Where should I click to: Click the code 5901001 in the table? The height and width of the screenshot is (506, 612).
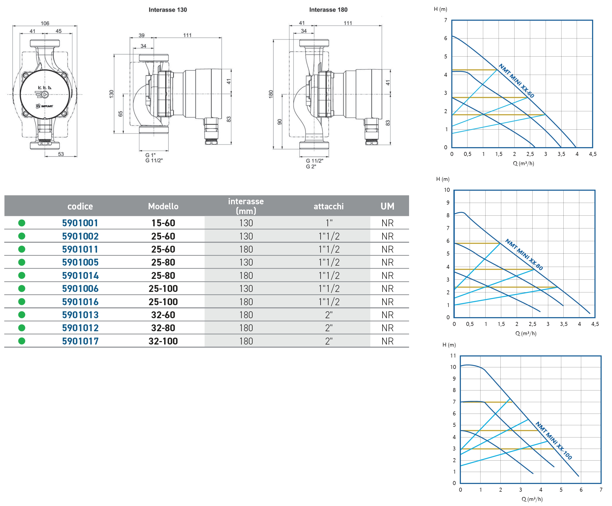(x=80, y=223)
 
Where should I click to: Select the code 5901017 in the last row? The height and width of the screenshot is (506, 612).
(x=80, y=341)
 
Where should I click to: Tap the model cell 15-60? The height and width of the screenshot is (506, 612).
(x=163, y=223)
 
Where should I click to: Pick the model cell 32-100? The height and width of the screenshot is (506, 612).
(x=163, y=341)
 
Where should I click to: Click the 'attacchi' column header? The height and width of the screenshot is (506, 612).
(x=328, y=206)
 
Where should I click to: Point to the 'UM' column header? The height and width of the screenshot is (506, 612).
(x=387, y=206)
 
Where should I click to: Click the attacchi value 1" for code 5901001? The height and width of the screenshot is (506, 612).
(x=329, y=223)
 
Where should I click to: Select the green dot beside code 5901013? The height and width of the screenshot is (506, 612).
(x=22, y=315)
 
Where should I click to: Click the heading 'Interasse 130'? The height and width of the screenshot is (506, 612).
(x=168, y=10)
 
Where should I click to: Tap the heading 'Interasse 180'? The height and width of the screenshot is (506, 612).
(x=328, y=10)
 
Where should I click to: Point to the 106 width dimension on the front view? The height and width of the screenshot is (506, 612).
(x=45, y=23)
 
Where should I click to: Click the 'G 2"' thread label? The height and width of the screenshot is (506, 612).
(x=311, y=167)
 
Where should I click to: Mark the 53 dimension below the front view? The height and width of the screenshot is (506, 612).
(x=61, y=154)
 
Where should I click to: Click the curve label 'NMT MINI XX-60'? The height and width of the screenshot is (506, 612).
(x=516, y=81)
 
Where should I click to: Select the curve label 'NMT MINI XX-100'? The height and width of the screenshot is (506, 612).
(x=554, y=441)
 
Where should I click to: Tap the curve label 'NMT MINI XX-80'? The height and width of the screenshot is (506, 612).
(x=524, y=254)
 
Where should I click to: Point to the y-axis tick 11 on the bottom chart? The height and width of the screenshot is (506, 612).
(x=453, y=356)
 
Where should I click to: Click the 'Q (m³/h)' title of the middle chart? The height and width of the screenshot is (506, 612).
(x=526, y=333)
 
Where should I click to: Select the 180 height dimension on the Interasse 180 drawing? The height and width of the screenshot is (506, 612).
(x=271, y=94)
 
